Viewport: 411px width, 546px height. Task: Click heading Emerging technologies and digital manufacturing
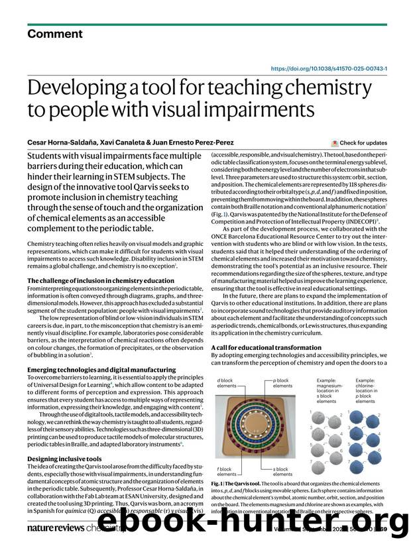(x=91, y=369)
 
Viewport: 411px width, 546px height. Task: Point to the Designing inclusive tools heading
(x=64, y=458)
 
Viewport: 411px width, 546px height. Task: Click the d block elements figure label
(x=227, y=384)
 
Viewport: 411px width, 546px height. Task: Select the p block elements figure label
(x=282, y=384)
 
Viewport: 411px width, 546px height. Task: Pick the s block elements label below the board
(x=282, y=472)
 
